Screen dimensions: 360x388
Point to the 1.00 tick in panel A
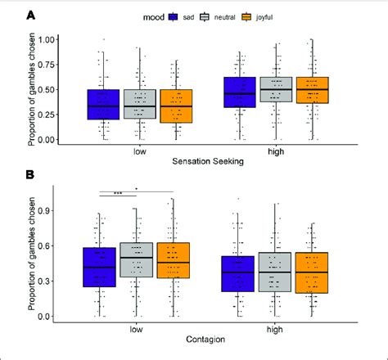46,39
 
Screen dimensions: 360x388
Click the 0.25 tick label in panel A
46,115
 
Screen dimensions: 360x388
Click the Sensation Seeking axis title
207,163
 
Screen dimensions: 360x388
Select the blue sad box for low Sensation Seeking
103,105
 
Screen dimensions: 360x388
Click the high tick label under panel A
277,151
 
